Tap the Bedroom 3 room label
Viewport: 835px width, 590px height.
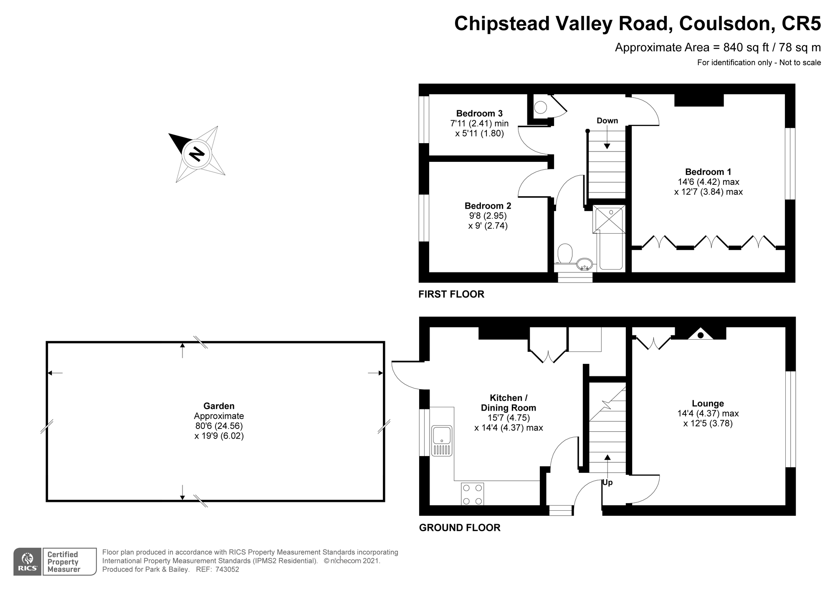[x=479, y=113]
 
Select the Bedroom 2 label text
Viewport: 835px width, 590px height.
[x=488, y=206]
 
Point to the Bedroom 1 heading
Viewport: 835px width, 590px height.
[x=708, y=172]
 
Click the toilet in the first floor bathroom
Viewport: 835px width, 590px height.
[x=565, y=253]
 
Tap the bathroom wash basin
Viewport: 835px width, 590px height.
[x=584, y=264]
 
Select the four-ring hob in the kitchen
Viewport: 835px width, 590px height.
[x=473, y=494]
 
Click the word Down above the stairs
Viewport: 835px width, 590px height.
[x=607, y=121]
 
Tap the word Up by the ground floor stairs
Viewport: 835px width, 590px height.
[x=607, y=482]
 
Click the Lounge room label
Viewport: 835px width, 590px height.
[x=708, y=403]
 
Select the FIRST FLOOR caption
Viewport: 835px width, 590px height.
[x=451, y=294]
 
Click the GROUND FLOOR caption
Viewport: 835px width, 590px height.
[x=460, y=528]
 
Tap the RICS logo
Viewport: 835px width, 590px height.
[x=28, y=562]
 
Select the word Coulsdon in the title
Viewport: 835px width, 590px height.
[x=724, y=23]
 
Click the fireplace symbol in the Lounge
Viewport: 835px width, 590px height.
[x=701, y=333]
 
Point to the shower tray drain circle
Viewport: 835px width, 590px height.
[x=611, y=212]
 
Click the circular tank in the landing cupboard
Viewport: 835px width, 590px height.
[x=541, y=108]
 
